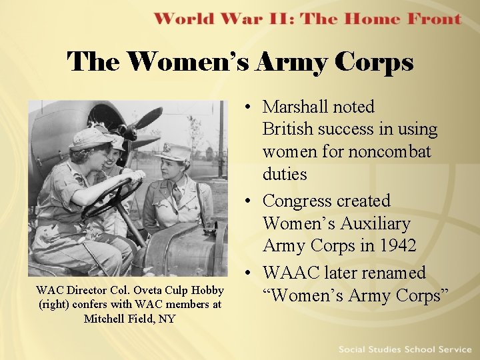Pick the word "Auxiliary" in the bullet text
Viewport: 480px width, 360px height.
point(379,223)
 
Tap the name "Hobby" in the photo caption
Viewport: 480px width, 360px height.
point(207,290)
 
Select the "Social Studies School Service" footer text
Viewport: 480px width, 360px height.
point(405,349)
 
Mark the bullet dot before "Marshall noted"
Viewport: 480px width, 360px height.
point(247,107)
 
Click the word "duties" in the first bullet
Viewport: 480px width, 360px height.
point(285,175)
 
